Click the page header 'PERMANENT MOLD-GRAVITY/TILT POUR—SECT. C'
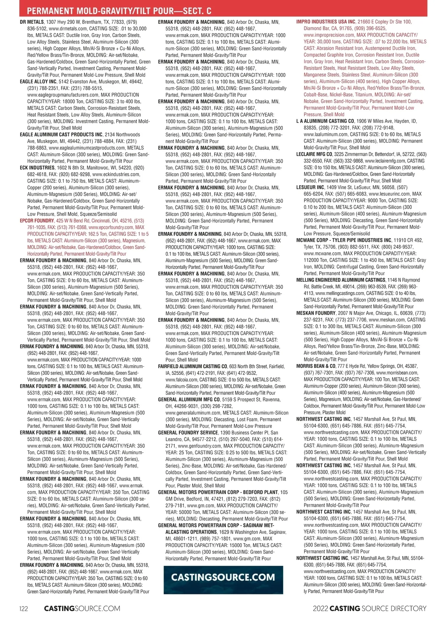coord(119,11)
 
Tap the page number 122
coord(23,608)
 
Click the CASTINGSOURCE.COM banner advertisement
coord(223,577)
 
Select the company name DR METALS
coord(32,22)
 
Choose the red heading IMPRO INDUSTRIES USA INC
coord(326,22)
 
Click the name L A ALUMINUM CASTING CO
coord(325,121)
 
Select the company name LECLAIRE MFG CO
coord(314,154)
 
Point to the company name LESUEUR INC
coord(310,187)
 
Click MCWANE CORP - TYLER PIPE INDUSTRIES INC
coord(344,240)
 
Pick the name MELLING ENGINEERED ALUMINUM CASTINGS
coord(341,280)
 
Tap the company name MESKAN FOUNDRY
coord(316,313)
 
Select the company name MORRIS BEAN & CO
coord(316,366)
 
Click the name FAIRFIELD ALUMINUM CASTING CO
coord(193,366)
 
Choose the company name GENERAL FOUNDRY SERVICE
coord(188,433)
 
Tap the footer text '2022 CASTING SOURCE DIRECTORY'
coord(370,608)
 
